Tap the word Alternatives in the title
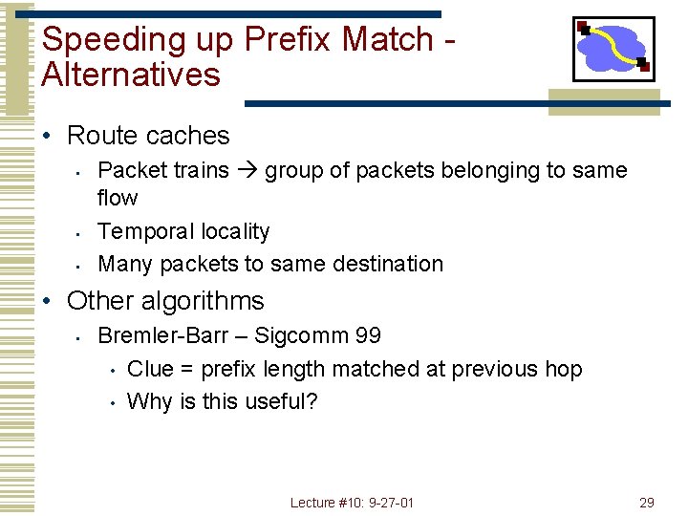point(131,75)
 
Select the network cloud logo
point(613,49)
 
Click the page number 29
point(646,503)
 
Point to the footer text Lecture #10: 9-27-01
point(353,503)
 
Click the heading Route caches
point(148,136)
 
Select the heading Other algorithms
point(165,301)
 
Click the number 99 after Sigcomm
point(367,335)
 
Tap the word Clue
point(149,369)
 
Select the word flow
point(118,198)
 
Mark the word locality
point(236,231)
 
